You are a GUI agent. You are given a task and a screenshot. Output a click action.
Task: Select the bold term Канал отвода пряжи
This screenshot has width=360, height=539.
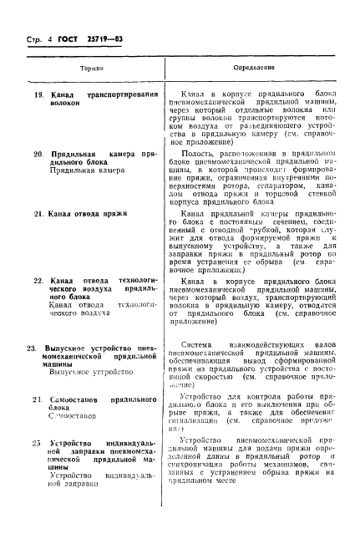(88, 215)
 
